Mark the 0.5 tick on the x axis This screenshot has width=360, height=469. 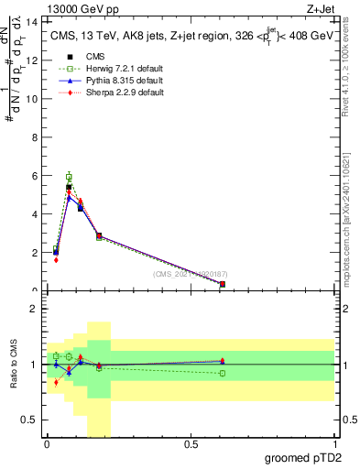[x=191, y=445]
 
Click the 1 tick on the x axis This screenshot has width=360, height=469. [x=334, y=445]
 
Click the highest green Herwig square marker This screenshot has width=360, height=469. [x=69, y=177]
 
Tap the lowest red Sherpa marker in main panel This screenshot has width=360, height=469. [x=56, y=260]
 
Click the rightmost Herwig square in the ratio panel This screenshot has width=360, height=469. [x=223, y=373]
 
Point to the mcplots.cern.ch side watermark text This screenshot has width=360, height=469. [x=352, y=220]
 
